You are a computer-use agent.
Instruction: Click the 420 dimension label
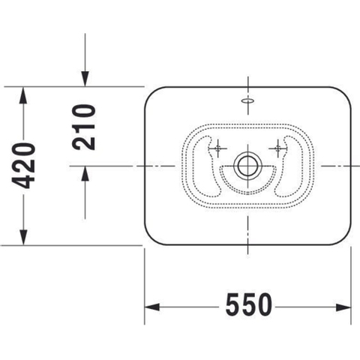(24, 166)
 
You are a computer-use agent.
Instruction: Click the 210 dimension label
(84, 127)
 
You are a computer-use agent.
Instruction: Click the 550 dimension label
(248, 304)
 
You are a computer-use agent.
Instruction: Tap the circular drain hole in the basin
(247, 166)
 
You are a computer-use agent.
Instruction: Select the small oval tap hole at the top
(247, 100)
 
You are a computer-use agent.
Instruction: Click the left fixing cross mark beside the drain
(217, 148)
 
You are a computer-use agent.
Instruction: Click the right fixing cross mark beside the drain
(277, 148)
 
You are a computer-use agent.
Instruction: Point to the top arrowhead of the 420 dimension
(23, 94)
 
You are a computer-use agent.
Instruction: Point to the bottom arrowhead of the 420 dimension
(23, 237)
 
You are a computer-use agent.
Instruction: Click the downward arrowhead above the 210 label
(85, 79)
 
